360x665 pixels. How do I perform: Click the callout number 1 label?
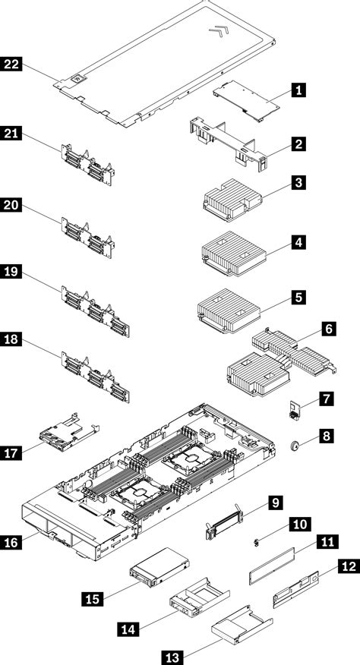(299, 91)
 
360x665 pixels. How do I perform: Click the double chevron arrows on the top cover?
(217, 33)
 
